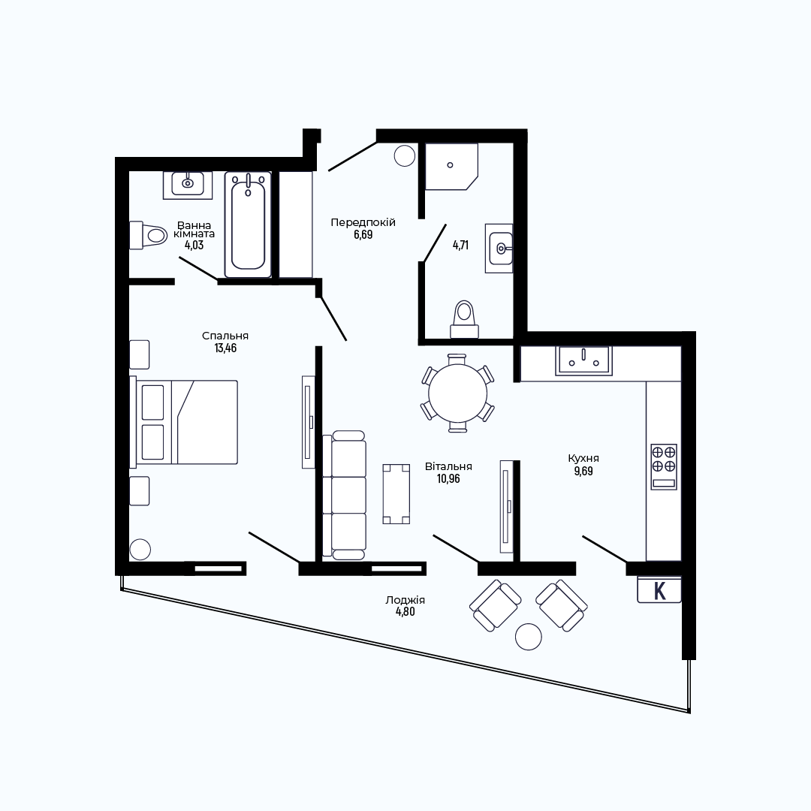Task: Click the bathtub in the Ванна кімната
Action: pos(248,225)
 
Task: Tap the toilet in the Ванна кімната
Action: pos(148,236)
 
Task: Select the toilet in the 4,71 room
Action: pos(465,320)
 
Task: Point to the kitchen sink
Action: pos(583,360)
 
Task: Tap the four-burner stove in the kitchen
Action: pos(664,466)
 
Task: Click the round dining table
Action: pos(458,393)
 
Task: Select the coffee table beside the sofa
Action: pos(396,494)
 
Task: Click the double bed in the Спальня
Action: pos(184,422)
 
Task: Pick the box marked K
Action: pos(659,589)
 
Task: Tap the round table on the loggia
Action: pos(529,636)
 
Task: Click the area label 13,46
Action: pos(225,348)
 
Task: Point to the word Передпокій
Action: pos(363,222)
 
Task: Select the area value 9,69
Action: pos(583,471)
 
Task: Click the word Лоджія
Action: pos(405,600)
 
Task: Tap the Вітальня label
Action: pos(448,466)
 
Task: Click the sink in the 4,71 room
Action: pos(499,249)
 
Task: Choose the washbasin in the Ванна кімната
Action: pos(188,185)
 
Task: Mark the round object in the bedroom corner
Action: pos(140,549)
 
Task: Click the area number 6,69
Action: pos(363,234)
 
